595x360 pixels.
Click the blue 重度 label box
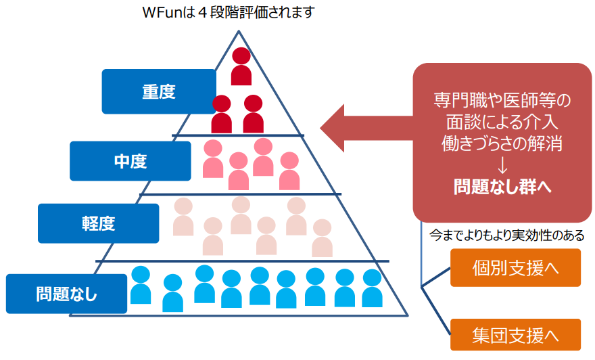(159, 91)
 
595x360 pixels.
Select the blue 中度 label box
(130, 161)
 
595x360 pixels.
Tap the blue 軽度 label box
(99, 223)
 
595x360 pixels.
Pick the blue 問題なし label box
(66, 294)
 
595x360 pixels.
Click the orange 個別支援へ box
(515, 268)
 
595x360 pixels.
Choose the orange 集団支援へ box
(515, 335)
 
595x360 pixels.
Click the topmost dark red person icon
(241, 66)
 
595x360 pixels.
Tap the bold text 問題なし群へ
(502, 186)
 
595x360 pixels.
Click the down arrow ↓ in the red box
(502, 164)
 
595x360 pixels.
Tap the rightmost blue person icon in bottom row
(373, 288)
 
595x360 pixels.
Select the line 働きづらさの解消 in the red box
(502, 143)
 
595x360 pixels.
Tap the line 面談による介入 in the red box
(502, 122)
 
